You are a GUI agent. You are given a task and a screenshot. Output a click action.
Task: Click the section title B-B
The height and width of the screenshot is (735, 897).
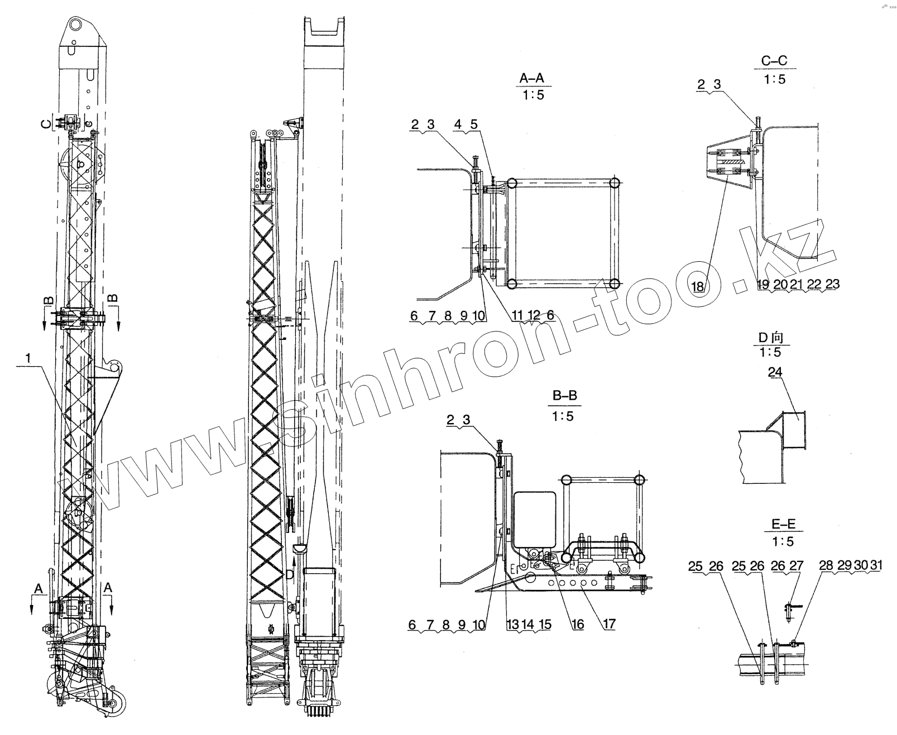pyautogui.click(x=564, y=397)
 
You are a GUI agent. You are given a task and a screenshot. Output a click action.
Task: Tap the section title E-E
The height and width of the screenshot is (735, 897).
pyautogui.click(x=783, y=525)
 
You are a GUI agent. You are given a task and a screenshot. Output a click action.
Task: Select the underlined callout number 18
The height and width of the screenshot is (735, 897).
pyautogui.click(x=698, y=286)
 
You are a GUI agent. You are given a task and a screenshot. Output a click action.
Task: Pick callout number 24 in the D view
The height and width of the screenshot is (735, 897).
pyautogui.click(x=775, y=372)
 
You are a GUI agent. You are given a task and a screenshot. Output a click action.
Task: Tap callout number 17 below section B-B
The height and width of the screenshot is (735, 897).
pyautogui.click(x=609, y=624)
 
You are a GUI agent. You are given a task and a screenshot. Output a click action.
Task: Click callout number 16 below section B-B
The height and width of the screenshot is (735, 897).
pyautogui.click(x=578, y=624)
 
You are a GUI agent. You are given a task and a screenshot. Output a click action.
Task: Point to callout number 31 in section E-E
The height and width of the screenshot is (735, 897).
pyautogui.click(x=876, y=565)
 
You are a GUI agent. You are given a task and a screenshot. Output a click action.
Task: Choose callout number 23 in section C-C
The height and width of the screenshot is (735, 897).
pyautogui.click(x=832, y=284)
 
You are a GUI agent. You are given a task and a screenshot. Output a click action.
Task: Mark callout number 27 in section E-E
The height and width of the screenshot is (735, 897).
pyautogui.click(x=797, y=566)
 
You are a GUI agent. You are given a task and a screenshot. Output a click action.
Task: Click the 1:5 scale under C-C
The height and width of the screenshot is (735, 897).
pyautogui.click(x=774, y=79)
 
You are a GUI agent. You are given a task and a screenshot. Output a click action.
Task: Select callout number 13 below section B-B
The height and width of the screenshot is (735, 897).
pyautogui.click(x=512, y=624)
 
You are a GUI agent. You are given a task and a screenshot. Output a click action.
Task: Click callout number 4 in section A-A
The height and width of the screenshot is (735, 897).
pyautogui.click(x=458, y=124)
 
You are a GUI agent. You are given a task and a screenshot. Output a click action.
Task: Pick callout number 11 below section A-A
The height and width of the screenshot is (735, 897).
pyautogui.click(x=517, y=316)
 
